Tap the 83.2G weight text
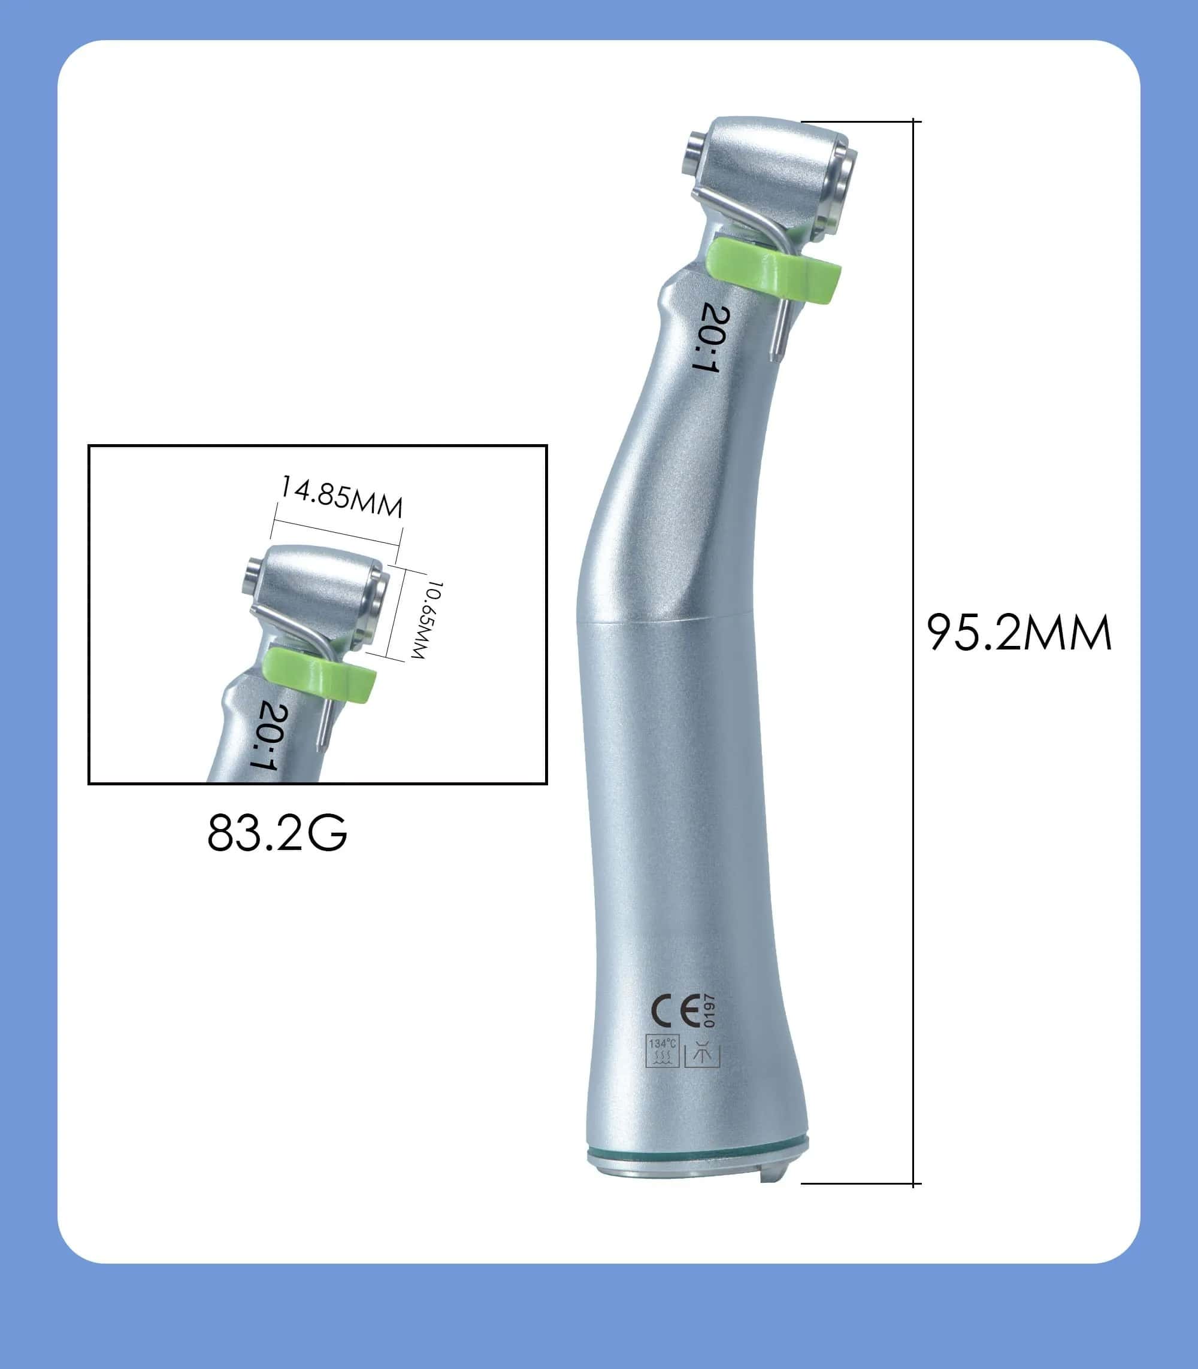tap(277, 833)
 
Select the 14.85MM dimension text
tap(341, 496)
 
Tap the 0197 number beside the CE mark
tap(709, 1011)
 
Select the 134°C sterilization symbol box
tap(662, 1052)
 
